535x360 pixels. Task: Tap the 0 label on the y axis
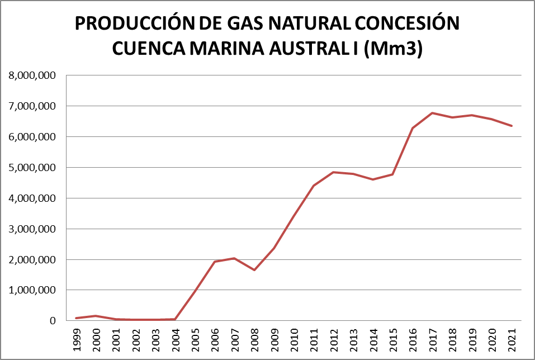(x=54, y=321)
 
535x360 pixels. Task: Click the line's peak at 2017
(x=433, y=113)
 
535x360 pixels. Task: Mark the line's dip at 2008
(x=254, y=270)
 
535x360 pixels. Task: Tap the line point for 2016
(x=413, y=128)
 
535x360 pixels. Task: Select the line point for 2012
(x=334, y=172)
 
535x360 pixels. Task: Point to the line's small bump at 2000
(x=96, y=316)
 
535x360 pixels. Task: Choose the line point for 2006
(x=215, y=262)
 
